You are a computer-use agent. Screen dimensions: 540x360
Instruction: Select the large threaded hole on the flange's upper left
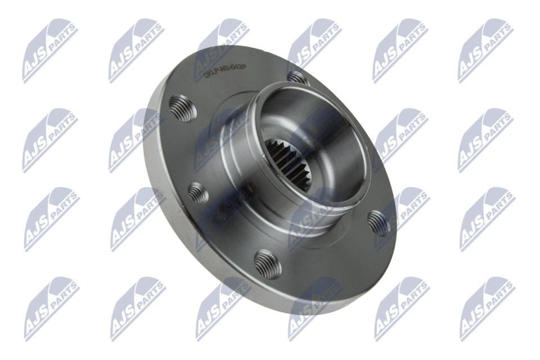183,108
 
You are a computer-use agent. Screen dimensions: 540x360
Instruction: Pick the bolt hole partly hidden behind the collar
298,78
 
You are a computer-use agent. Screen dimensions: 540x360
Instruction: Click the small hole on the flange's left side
199,193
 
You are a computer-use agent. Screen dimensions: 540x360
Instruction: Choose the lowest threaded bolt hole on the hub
268,264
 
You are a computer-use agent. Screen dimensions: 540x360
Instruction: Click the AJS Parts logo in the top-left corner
50,51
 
